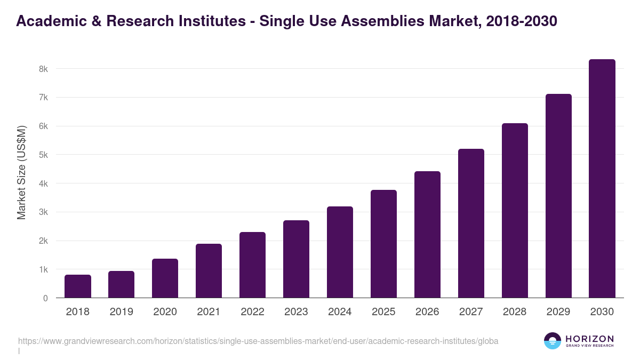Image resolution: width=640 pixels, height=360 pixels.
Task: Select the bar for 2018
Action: pyautogui.click(x=78, y=286)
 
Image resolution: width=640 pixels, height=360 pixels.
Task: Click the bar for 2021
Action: pyautogui.click(x=209, y=271)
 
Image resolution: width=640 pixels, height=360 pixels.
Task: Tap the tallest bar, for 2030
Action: pyautogui.click(x=602, y=179)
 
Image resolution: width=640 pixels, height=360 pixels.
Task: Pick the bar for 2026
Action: pyautogui.click(x=427, y=235)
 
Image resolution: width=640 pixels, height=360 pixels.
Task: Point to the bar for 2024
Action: pyautogui.click(x=340, y=252)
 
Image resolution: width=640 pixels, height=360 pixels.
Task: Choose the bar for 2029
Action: pyautogui.click(x=558, y=196)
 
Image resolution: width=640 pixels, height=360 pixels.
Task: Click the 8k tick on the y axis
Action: pyautogui.click(x=43, y=69)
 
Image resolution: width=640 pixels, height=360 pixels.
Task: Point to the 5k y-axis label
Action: pyautogui.click(x=43, y=155)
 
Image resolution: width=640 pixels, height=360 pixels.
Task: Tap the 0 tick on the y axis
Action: pyautogui.click(x=45, y=299)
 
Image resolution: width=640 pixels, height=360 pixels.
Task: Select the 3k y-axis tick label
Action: pyautogui.click(x=43, y=212)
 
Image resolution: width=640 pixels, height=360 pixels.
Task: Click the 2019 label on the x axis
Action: pyautogui.click(x=122, y=312)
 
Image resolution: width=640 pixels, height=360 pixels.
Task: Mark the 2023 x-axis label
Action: pyautogui.click(x=296, y=312)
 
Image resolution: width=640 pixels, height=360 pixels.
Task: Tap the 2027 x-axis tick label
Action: pyautogui.click(x=471, y=312)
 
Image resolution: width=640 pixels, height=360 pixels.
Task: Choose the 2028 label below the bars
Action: pyautogui.click(x=515, y=312)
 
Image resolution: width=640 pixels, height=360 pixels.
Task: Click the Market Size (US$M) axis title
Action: pyautogui.click(x=22, y=172)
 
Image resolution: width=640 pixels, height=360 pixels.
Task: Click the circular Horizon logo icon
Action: pyautogui.click(x=553, y=341)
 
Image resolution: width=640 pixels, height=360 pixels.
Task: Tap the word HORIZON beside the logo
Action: pyautogui.click(x=589, y=339)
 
